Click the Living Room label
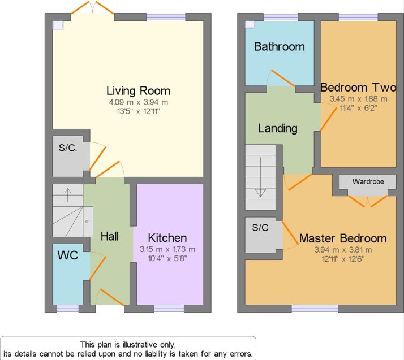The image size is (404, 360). click(139, 91)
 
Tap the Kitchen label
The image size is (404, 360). click(167, 238)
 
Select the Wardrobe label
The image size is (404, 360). click(368, 181)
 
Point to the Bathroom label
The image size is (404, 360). click(280, 46)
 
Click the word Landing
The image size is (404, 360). click(278, 128)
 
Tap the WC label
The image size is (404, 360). click(68, 255)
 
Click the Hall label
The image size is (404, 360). click(110, 236)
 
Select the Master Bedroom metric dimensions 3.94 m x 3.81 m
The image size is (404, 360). click(343, 250)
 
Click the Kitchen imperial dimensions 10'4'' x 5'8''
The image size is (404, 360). click(167, 258)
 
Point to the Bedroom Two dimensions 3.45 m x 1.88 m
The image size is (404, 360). click(358, 99)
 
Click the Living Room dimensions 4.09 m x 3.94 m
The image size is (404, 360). click(139, 102)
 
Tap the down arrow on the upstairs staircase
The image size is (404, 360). click(260, 177)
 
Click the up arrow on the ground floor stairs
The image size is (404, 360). click(68, 195)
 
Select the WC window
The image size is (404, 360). click(68, 309)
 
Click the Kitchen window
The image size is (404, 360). click(169, 309)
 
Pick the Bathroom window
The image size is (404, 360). click(281, 17)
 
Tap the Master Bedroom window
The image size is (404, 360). click(315, 309)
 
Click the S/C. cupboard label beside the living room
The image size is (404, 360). click(68, 148)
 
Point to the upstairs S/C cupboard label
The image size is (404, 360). click(260, 228)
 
